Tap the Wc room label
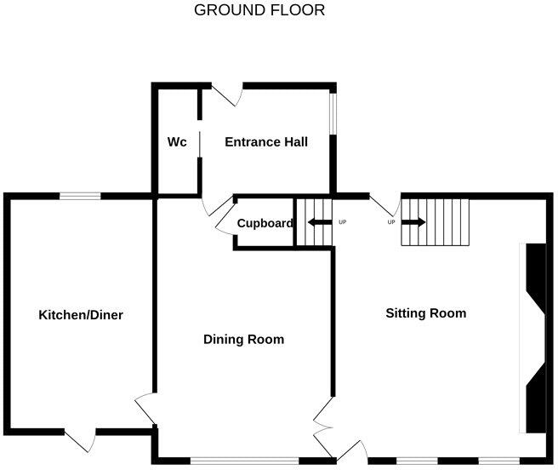177,142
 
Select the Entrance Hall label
265,142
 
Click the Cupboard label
265,224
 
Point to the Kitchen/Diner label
81,315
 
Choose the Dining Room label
243,339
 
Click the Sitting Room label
426,313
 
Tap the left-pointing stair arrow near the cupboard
320,223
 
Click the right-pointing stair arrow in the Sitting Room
414,223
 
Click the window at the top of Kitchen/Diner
80,196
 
